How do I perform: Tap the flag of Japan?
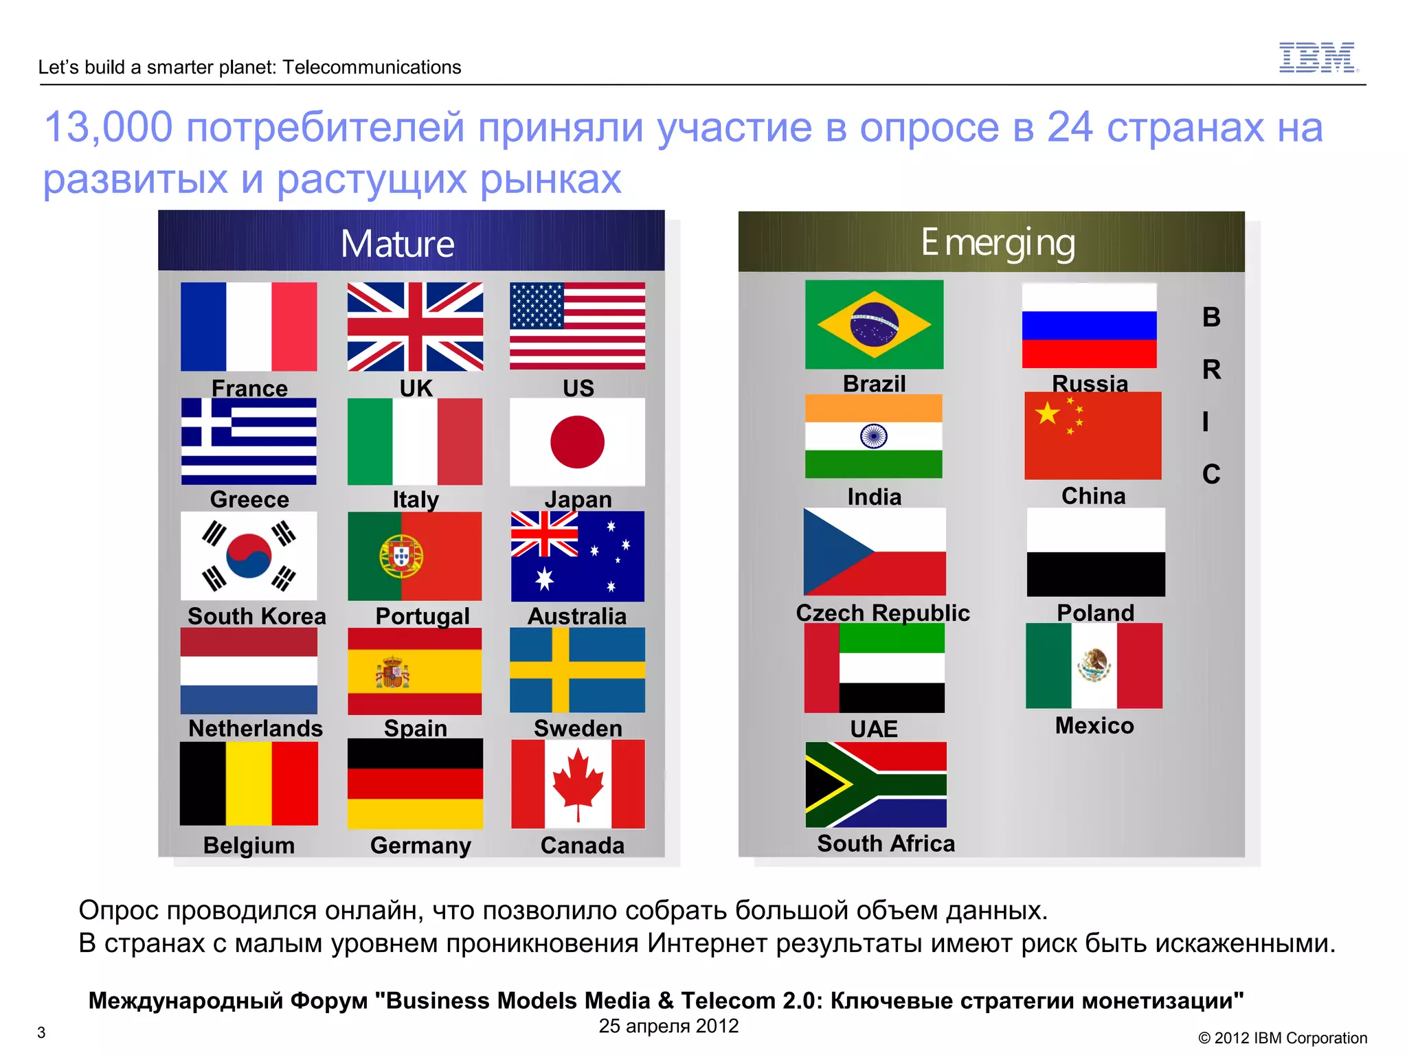coord(577,442)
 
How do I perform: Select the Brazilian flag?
coord(874,324)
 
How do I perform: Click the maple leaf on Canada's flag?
coord(578,783)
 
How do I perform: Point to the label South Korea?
coord(256,616)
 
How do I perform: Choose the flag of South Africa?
coord(875,784)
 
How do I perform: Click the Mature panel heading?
coord(398,244)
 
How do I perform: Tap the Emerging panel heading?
coord(998,243)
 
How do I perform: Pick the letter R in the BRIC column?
coord(1211,370)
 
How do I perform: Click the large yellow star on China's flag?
coord(1048,413)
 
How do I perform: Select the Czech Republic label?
coord(882,613)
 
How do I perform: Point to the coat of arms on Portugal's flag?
coord(401,556)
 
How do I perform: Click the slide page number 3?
coord(41,1032)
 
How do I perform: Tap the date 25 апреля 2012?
coord(668,1026)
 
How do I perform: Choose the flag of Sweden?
coord(577,670)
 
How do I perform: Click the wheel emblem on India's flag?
coord(873,435)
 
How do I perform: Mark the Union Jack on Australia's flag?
coord(544,534)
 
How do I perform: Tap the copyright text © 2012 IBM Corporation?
coord(1283,1038)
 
